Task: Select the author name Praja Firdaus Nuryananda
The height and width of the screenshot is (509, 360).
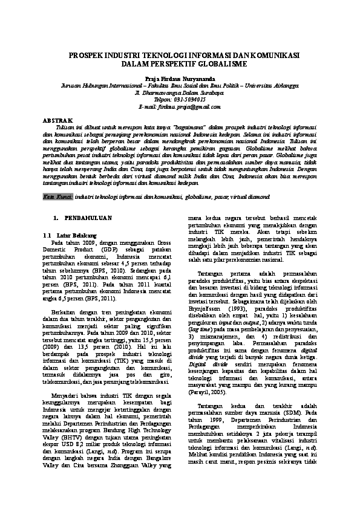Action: click(180, 79)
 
